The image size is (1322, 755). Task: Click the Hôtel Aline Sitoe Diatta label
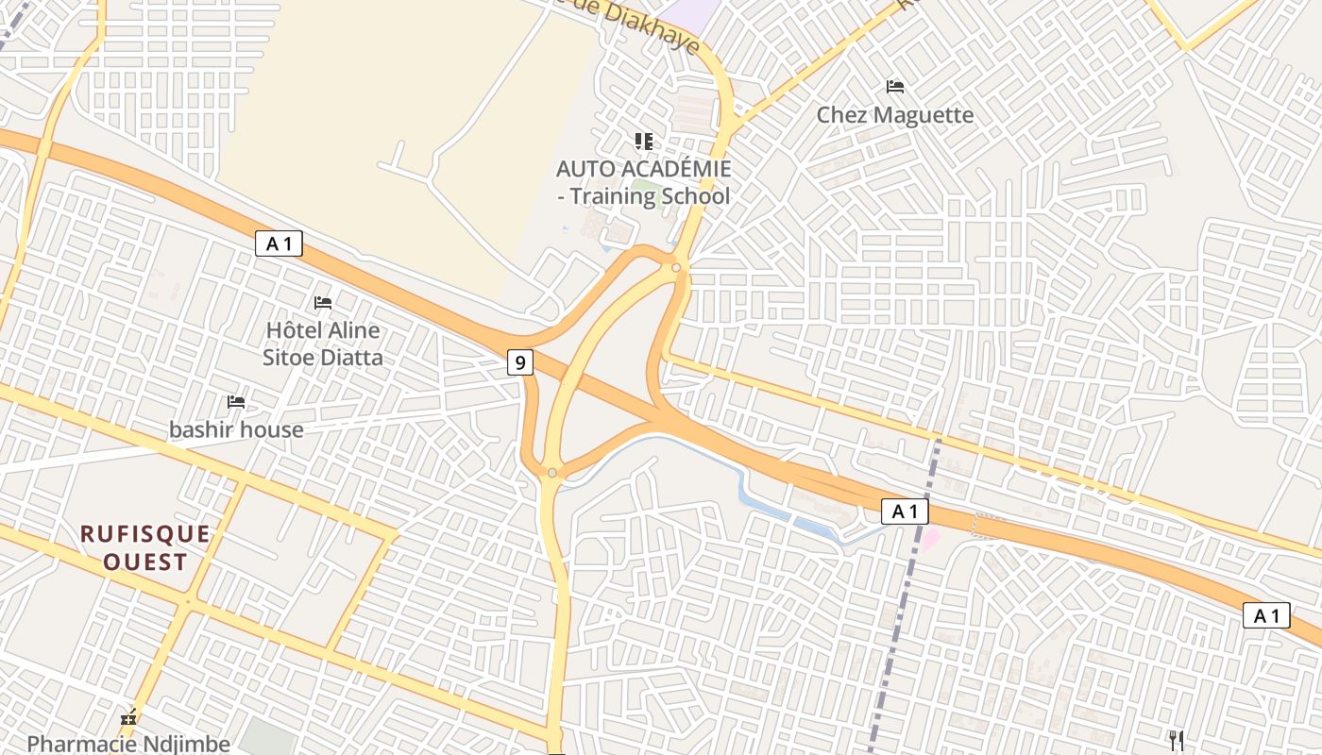323,344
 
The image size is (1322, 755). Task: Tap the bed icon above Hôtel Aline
323,303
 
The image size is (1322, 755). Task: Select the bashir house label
236,429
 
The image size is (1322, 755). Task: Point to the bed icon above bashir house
236,402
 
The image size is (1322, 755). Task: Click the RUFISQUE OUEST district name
145,548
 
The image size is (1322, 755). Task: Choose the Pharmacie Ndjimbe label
128,744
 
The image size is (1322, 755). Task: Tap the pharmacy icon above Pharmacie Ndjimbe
128,718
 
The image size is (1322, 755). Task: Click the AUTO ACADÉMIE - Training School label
643,182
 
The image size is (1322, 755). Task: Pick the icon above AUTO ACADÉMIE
643,142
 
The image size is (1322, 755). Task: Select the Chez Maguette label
894,115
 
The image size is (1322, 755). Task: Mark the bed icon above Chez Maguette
895,87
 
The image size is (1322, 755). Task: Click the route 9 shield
519,361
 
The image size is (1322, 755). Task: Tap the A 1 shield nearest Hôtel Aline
279,243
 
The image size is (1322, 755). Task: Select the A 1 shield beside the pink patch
905,512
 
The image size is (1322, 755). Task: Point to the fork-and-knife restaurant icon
1177,740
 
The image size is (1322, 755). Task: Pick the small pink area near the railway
931,539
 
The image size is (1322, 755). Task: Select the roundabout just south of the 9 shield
552,472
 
